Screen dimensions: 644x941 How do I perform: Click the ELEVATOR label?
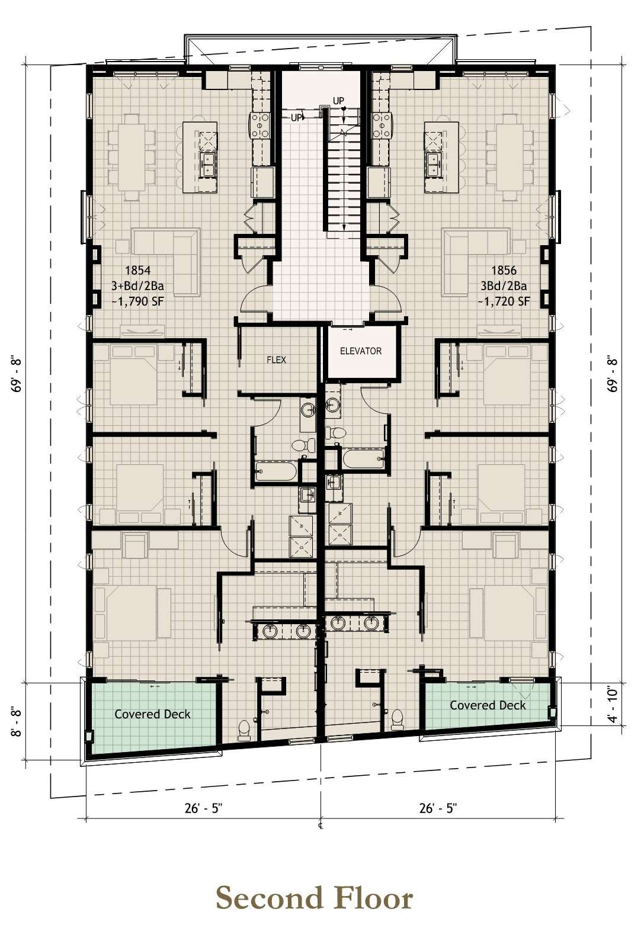click(x=361, y=351)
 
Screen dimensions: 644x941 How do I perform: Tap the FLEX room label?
click(x=276, y=359)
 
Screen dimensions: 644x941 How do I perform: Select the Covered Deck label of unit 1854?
click(x=152, y=714)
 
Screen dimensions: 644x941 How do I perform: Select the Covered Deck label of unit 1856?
click(x=488, y=705)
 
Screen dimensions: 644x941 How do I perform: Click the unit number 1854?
click(x=138, y=270)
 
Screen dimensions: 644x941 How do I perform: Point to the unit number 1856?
click(x=504, y=269)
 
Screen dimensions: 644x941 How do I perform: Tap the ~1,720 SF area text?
click(x=504, y=301)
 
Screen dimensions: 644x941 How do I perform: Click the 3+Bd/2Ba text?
click(x=137, y=285)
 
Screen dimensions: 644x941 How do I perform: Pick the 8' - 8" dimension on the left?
click(x=16, y=722)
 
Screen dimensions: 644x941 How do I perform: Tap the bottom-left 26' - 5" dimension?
click(x=203, y=808)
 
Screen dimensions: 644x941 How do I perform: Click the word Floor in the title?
click(x=371, y=897)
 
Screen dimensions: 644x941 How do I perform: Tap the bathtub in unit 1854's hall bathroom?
click(x=276, y=471)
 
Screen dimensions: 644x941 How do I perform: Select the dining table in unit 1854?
click(x=132, y=158)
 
